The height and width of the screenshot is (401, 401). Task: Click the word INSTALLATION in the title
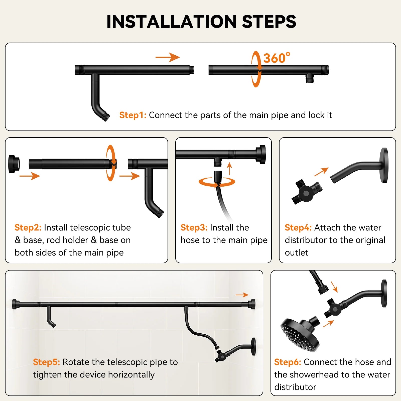click(x=172, y=22)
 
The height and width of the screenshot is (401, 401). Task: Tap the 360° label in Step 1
click(x=277, y=58)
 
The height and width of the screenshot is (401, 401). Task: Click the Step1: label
click(x=133, y=115)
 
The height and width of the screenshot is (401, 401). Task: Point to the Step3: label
click(x=194, y=227)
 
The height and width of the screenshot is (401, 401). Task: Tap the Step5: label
click(x=47, y=362)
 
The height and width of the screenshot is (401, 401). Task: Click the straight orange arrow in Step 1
click(x=168, y=57)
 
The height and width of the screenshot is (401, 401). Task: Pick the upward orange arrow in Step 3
click(x=229, y=169)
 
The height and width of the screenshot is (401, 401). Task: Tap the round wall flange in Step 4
click(x=384, y=165)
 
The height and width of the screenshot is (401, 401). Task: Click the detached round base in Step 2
click(x=14, y=164)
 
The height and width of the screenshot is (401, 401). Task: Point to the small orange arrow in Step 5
click(x=242, y=295)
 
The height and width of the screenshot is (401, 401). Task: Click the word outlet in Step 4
click(x=297, y=252)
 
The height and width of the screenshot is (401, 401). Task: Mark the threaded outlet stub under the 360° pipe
click(x=310, y=78)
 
